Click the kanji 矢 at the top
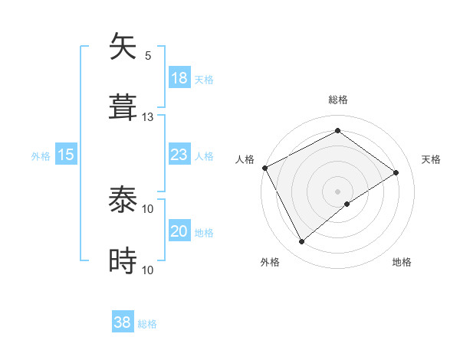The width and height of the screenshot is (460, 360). (x=123, y=47)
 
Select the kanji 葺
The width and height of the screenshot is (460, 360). (x=123, y=107)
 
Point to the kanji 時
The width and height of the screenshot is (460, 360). (x=123, y=261)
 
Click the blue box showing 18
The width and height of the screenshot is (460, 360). (x=179, y=78)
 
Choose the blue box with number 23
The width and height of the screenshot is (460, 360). (x=179, y=155)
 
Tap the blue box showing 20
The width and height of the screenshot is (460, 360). (x=179, y=231)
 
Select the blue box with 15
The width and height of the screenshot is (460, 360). (x=66, y=155)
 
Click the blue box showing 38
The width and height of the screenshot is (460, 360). (x=123, y=323)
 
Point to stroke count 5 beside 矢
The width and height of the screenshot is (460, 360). (x=148, y=56)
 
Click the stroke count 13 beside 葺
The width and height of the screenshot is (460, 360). (x=148, y=117)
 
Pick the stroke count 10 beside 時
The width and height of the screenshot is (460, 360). (x=148, y=270)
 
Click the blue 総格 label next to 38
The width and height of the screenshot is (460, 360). (x=147, y=324)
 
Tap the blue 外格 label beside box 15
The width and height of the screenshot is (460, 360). (x=41, y=155)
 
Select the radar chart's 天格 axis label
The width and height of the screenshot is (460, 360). (x=431, y=159)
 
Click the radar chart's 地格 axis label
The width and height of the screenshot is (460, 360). (x=402, y=262)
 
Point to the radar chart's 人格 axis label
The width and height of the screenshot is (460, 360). (x=245, y=159)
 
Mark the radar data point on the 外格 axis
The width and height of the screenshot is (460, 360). (x=302, y=242)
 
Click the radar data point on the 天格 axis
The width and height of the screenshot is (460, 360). (x=396, y=173)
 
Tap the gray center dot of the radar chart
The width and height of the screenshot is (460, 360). (x=337, y=191)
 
